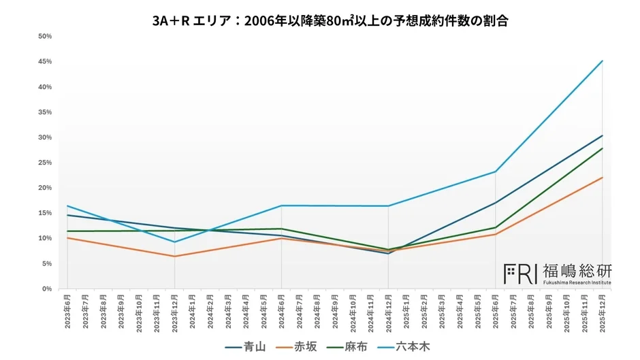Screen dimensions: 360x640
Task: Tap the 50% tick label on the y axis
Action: pos(46,37)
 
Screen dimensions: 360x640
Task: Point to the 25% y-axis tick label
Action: pos(46,163)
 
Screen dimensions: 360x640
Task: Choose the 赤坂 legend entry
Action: pos(297,347)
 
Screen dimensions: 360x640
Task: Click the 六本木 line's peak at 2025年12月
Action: pos(603,61)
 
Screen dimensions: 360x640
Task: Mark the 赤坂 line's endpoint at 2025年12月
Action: pos(603,178)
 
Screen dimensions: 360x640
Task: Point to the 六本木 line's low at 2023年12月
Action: pos(175,242)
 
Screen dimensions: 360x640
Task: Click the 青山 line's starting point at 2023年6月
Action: pos(67,215)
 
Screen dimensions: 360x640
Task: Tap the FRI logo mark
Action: pos(521,274)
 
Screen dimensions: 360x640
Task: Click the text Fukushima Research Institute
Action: pos(577,282)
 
